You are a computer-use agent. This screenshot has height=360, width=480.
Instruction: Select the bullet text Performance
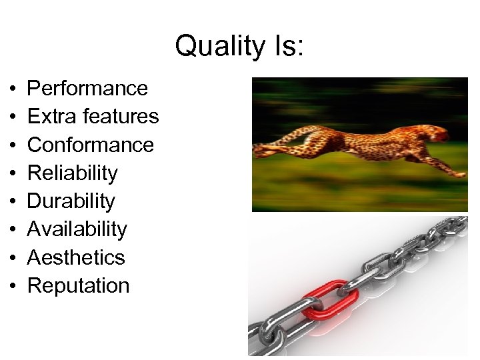click(x=87, y=88)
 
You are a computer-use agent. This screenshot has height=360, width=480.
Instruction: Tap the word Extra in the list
click(x=50, y=116)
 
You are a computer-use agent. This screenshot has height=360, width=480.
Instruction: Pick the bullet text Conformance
click(x=91, y=145)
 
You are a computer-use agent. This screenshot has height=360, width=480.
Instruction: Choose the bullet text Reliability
click(x=72, y=173)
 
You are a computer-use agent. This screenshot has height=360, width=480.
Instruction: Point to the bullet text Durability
click(x=71, y=201)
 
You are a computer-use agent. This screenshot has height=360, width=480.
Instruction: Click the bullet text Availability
click(x=77, y=229)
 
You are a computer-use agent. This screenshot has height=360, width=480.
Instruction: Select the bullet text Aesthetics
click(x=76, y=257)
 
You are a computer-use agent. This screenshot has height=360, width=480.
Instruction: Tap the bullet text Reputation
click(x=78, y=285)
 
